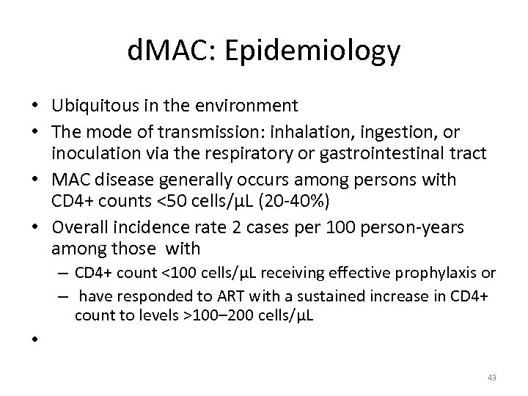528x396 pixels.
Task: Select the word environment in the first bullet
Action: [x=249, y=106]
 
